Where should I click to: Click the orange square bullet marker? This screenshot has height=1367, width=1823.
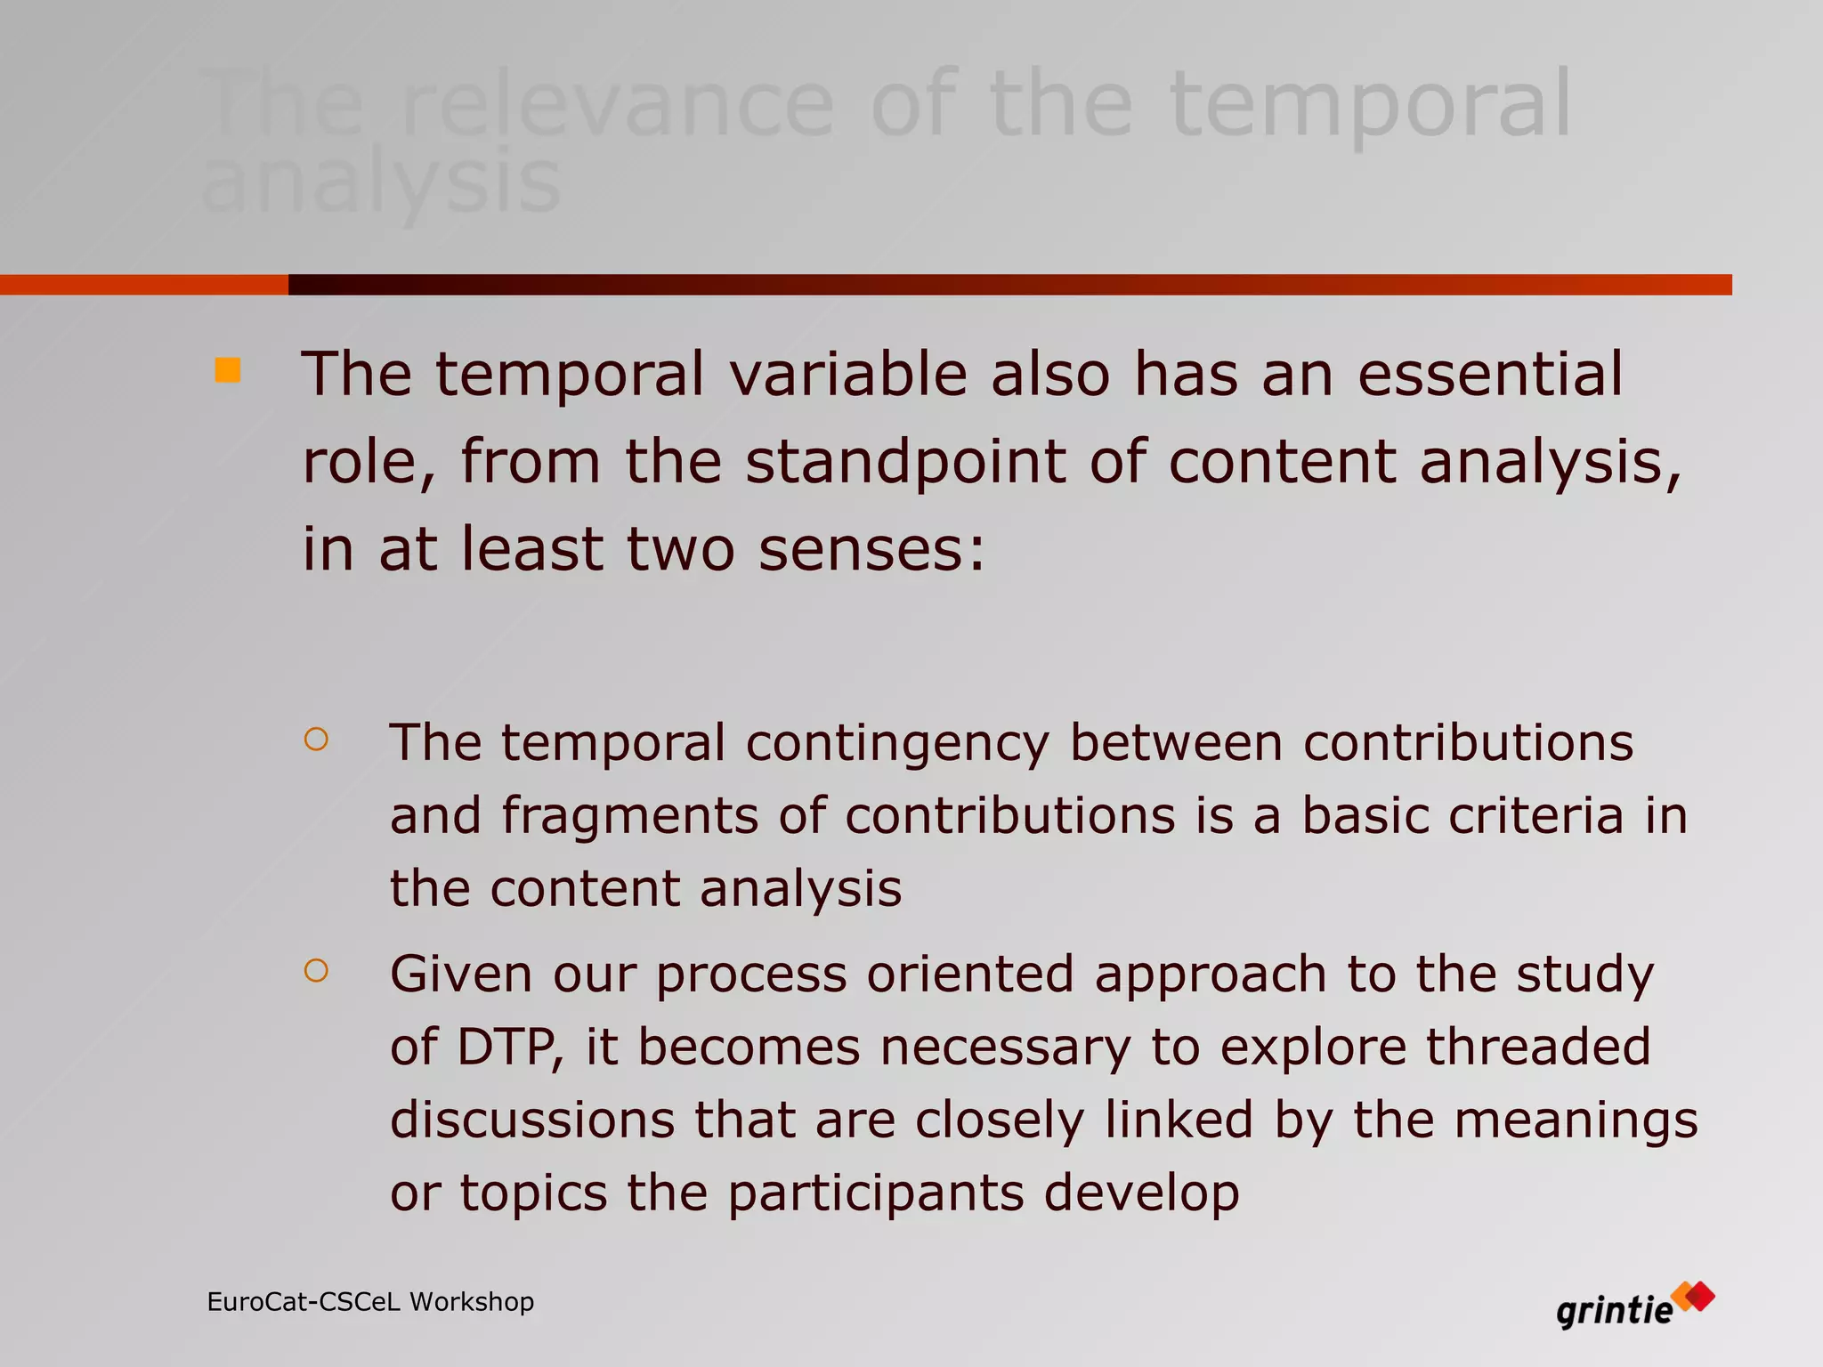tap(228, 370)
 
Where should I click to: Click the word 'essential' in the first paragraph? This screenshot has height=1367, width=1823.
tap(1490, 374)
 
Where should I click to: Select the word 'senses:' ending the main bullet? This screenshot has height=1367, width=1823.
tap(871, 549)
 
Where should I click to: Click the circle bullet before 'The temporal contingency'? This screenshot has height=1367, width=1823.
tap(316, 740)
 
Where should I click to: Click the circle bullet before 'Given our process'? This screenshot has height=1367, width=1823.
tap(316, 970)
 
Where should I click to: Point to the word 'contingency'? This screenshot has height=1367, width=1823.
tap(897, 744)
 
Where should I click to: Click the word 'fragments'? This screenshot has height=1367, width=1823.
tap(629, 816)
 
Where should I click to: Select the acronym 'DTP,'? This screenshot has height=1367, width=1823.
tap(510, 1047)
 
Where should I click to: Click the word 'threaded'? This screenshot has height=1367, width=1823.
tap(1538, 1047)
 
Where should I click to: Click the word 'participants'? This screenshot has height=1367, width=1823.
tap(875, 1193)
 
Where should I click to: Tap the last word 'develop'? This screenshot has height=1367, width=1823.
tap(1141, 1193)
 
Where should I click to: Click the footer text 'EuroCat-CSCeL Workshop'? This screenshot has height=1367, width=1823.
tap(370, 1302)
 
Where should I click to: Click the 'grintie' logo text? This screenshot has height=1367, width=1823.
tap(1614, 1311)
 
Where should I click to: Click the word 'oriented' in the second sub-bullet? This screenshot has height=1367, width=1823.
tap(970, 974)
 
